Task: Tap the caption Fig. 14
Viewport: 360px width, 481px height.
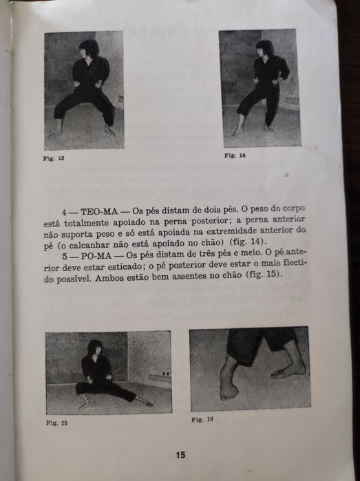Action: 235,156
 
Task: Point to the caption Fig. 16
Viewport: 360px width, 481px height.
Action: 202,419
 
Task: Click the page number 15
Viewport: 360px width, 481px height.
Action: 180,455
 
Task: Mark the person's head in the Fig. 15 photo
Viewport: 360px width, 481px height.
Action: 95,346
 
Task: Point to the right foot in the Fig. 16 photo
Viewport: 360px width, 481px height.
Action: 288,370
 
